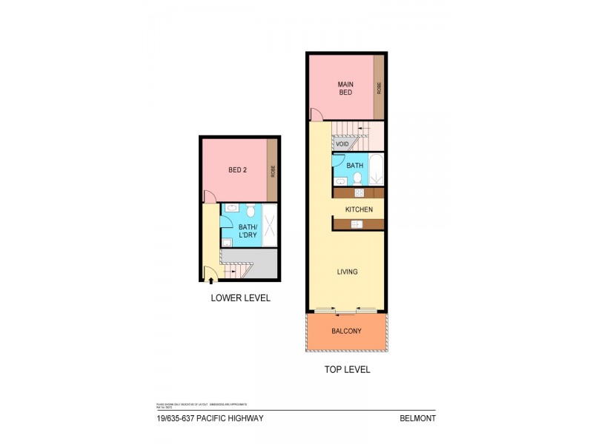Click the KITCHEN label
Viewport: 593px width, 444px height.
(x=358, y=209)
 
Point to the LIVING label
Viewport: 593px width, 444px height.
(x=347, y=272)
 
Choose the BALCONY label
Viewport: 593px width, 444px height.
(x=346, y=331)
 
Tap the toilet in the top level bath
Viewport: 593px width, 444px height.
(x=357, y=178)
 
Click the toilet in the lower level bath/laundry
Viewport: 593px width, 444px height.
(x=250, y=209)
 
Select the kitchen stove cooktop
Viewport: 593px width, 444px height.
(x=360, y=193)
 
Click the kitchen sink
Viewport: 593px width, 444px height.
(x=355, y=224)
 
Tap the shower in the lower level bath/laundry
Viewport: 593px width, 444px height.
(x=268, y=225)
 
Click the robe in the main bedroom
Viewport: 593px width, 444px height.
(x=379, y=87)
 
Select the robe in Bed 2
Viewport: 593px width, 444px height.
(x=273, y=171)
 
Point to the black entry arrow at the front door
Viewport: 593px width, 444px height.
(x=212, y=280)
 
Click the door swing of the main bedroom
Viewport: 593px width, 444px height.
(x=317, y=115)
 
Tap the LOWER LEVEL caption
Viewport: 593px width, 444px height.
(x=240, y=298)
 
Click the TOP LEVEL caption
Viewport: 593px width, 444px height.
(x=346, y=369)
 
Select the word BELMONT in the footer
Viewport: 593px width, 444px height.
(x=418, y=418)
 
